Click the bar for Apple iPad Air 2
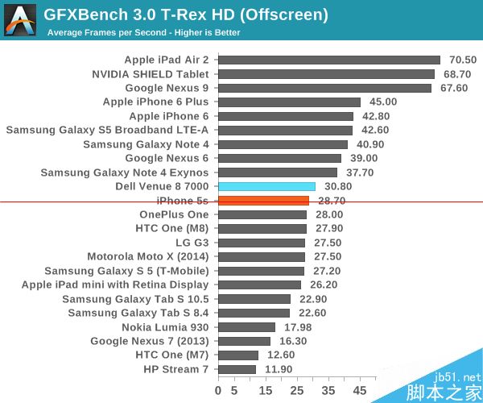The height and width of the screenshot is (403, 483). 328,60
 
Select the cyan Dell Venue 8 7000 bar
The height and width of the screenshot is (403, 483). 266,186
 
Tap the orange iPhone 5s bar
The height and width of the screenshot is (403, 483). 263,201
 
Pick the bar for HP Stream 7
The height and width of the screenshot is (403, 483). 237,369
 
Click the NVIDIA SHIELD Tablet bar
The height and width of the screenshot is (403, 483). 326,74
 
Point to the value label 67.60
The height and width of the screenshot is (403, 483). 454,88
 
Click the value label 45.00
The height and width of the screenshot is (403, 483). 383,102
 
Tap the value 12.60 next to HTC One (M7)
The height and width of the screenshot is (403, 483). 281,355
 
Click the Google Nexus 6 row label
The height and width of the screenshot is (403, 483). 167,158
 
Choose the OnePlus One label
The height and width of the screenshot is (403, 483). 174,214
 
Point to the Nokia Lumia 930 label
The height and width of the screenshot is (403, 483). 165,327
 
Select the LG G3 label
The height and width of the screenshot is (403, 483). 192,243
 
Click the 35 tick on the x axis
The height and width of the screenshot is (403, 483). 329,390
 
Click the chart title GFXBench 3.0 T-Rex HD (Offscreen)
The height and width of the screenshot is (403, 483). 174,14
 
